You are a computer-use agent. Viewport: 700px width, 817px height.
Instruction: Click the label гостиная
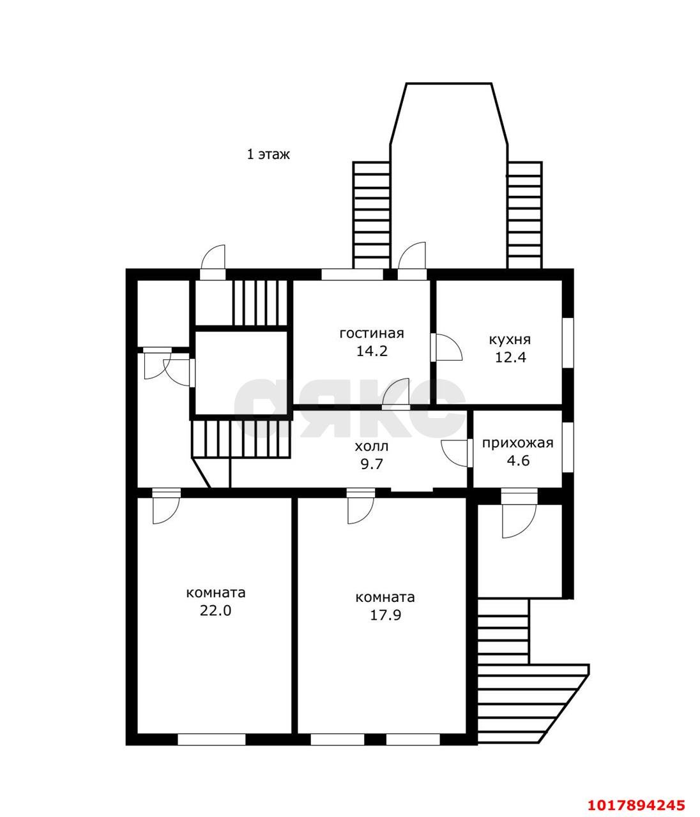372,334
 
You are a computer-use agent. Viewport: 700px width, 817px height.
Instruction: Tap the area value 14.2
372,351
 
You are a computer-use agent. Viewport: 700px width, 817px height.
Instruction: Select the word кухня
510,340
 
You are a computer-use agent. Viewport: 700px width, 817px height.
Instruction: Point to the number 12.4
510,357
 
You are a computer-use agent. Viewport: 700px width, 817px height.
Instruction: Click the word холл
371,447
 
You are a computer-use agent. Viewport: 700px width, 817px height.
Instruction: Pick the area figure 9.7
372,464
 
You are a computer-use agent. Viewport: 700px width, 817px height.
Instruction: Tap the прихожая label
517,444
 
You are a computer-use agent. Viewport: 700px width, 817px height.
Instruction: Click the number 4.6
518,461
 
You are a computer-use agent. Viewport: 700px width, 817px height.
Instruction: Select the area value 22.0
215,611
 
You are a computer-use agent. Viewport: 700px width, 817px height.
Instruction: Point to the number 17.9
385,615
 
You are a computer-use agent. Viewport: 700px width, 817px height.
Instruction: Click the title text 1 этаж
268,154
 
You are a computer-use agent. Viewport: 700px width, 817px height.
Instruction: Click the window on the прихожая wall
568,447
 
